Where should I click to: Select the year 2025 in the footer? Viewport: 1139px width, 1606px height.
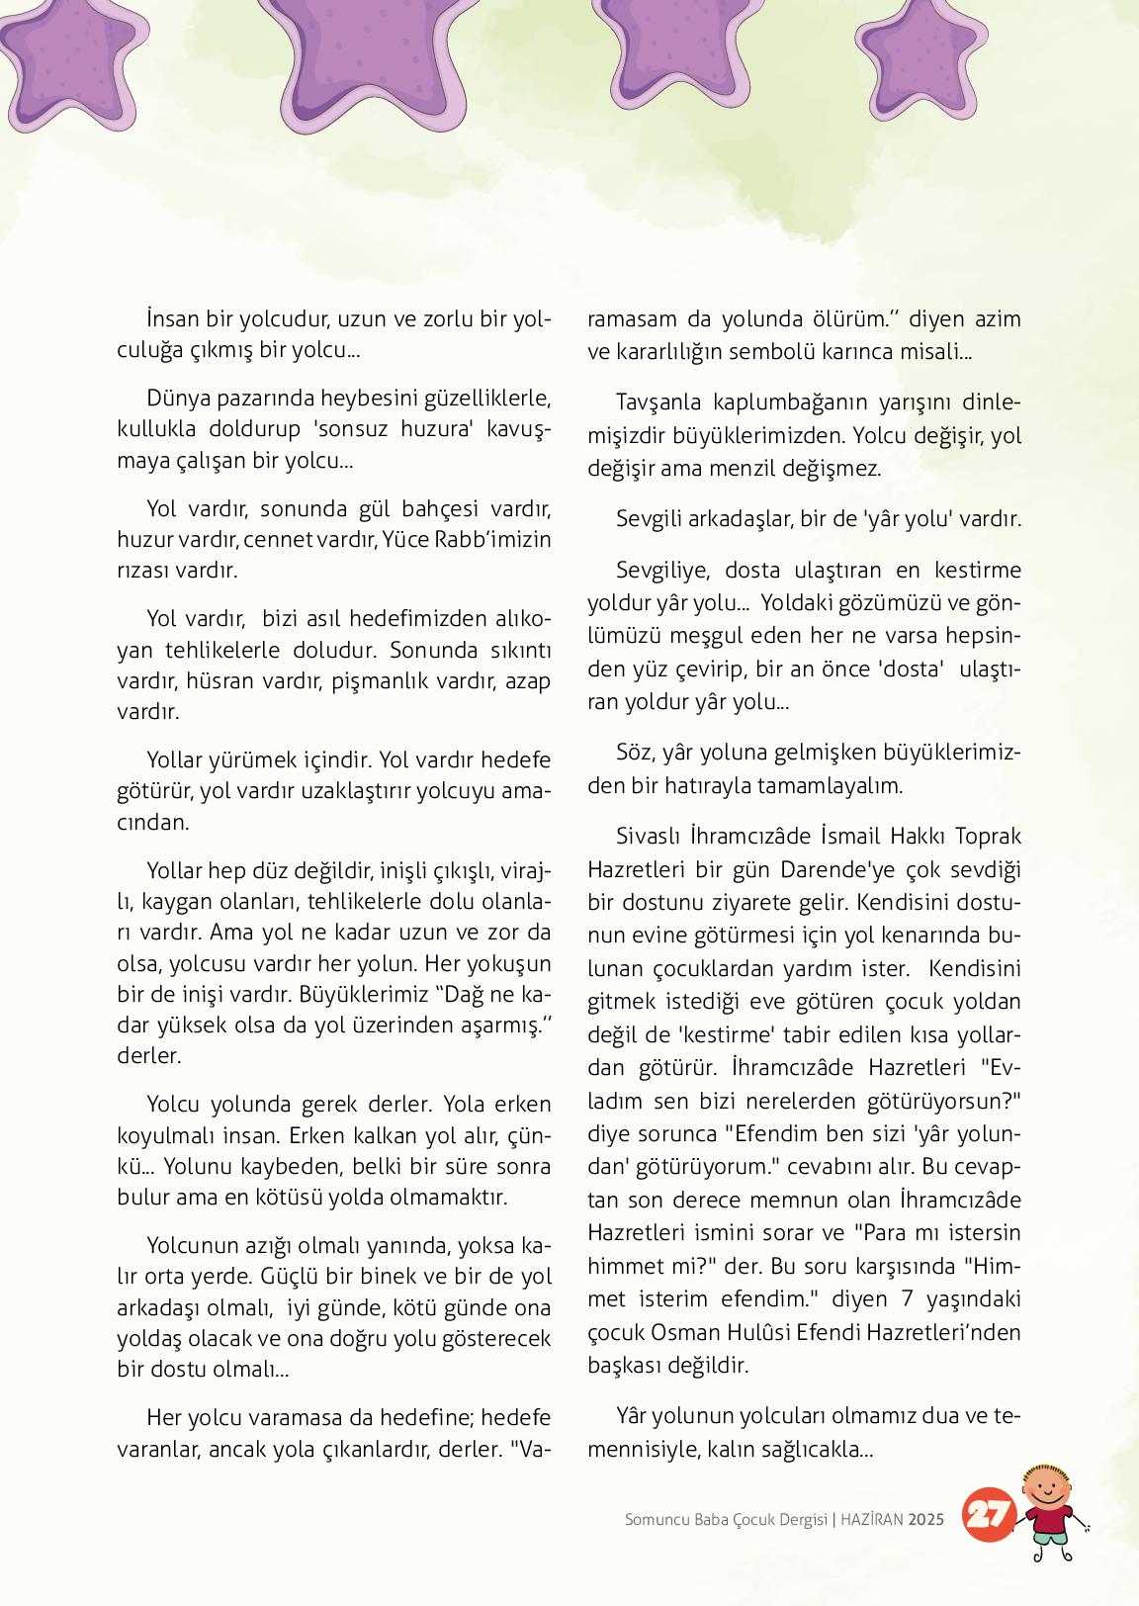click(x=926, y=1519)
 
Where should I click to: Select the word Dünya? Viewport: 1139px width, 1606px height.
click(x=176, y=398)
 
